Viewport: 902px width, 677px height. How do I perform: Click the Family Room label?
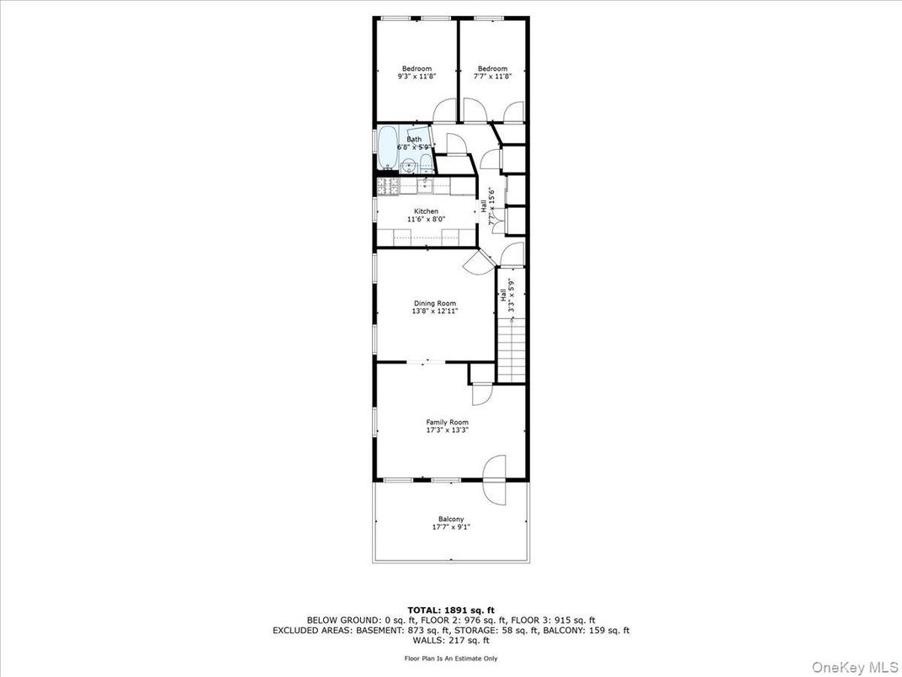pyautogui.click(x=447, y=423)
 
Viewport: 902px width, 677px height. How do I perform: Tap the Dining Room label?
pyautogui.click(x=435, y=303)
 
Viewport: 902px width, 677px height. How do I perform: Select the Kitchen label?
pyautogui.click(x=426, y=211)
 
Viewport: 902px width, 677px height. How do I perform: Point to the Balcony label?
pyautogui.click(x=451, y=520)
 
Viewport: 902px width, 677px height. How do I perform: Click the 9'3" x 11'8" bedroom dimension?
pyautogui.click(x=417, y=77)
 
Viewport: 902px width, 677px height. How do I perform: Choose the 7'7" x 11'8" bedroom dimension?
pyautogui.click(x=492, y=77)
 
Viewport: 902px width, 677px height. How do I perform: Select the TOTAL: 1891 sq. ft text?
pyautogui.click(x=450, y=610)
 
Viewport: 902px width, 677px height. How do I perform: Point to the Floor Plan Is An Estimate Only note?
pyautogui.click(x=451, y=658)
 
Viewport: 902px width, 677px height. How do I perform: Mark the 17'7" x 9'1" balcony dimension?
pyautogui.click(x=451, y=527)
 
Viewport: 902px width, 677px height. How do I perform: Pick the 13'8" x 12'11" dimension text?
pyautogui.click(x=435, y=311)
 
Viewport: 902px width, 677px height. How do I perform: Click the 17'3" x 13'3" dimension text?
pyautogui.click(x=447, y=430)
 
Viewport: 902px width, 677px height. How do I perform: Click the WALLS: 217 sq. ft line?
pyautogui.click(x=451, y=639)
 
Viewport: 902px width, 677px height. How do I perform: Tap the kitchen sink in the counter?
pyautogui.click(x=427, y=184)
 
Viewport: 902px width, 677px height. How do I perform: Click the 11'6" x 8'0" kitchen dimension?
pyautogui.click(x=426, y=219)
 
